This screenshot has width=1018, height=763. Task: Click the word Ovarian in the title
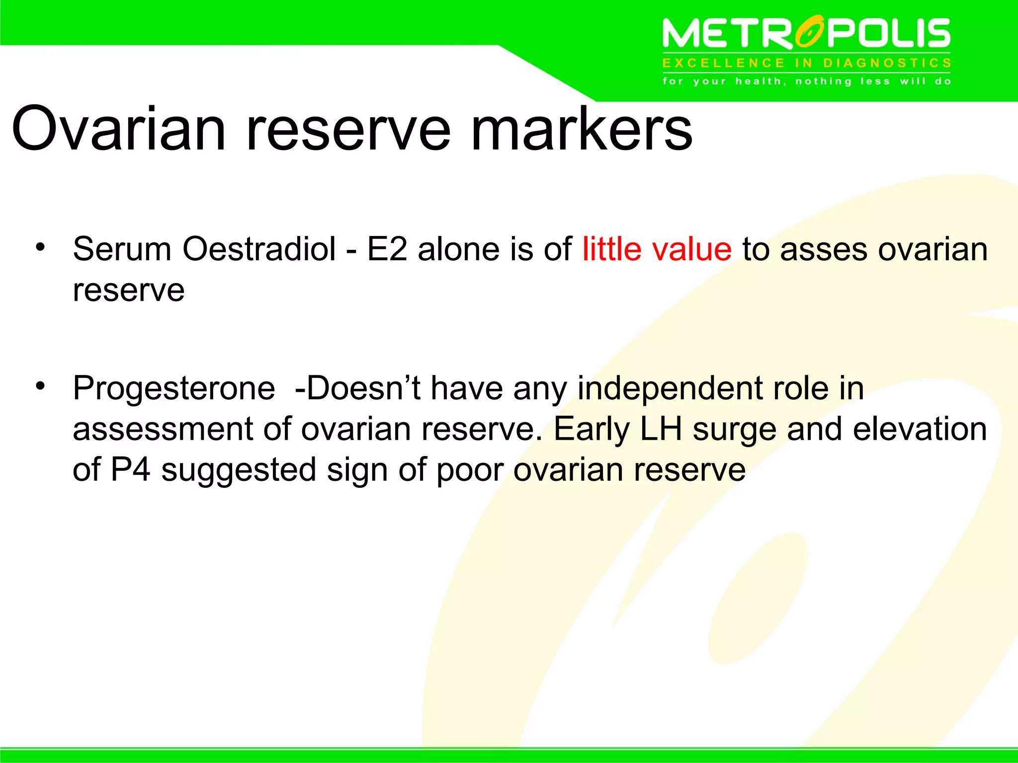[x=119, y=130]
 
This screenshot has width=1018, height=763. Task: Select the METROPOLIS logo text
[x=806, y=34]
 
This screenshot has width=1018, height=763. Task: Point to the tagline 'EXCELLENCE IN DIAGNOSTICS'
[x=806, y=63]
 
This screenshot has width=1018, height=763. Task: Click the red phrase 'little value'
[x=657, y=249]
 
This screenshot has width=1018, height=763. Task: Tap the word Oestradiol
[x=259, y=249]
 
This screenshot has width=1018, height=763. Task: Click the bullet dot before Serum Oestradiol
[x=40, y=246]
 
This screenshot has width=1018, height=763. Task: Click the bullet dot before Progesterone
[x=40, y=385]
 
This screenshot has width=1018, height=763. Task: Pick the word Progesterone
[x=173, y=389]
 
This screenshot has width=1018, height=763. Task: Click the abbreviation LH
[x=661, y=429]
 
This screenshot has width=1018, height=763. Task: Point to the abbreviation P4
[x=130, y=470]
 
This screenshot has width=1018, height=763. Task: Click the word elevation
[x=920, y=429]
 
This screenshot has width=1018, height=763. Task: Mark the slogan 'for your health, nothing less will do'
[x=806, y=81]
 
